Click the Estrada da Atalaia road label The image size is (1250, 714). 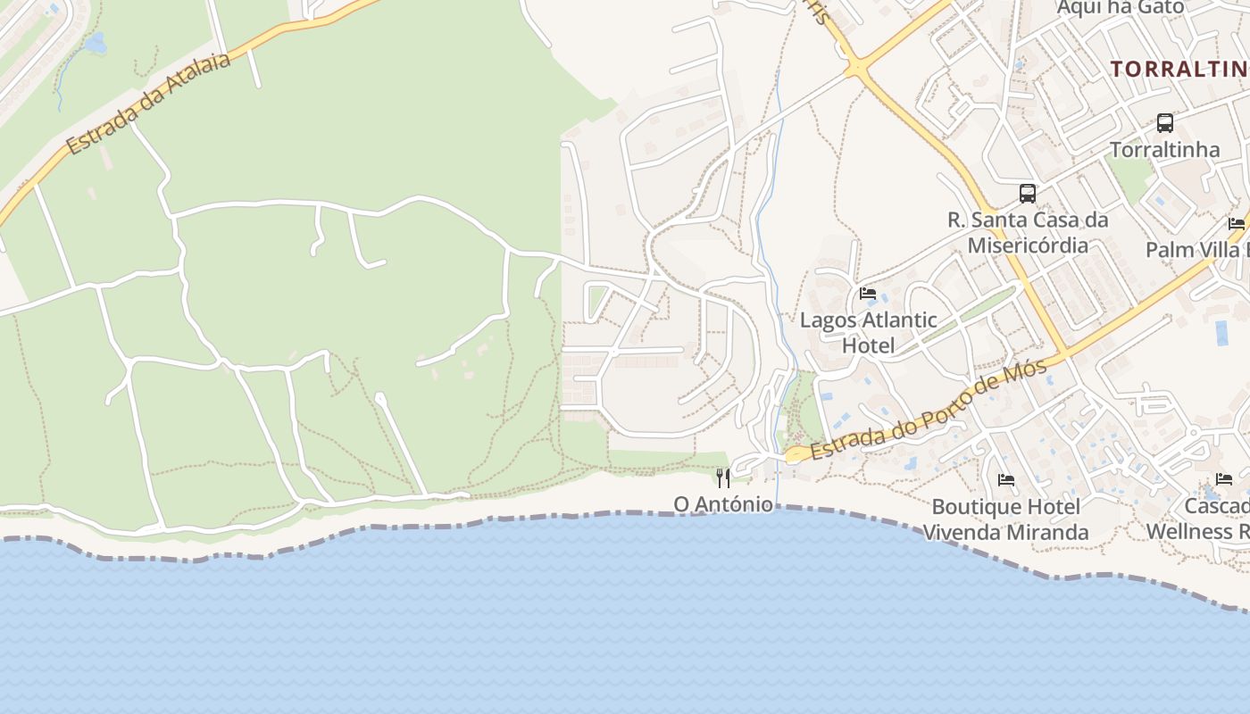click(x=148, y=103)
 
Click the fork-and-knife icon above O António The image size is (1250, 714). click(x=723, y=478)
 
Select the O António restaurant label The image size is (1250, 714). click(x=723, y=504)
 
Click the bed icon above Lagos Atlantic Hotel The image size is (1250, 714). click(x=867, y=293)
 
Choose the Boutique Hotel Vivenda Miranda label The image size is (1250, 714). click(x=1005, y=519)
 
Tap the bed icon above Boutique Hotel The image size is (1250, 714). click(x=1006, y=480)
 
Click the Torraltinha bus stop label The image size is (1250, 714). click(x=1164, y=149)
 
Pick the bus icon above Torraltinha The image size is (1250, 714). click(x=1164, y=122)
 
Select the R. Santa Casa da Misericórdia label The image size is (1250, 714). click(x=1028, y=232)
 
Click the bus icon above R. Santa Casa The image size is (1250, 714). click(x=1028, y=193)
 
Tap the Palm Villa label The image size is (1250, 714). click(x=1196, y=249)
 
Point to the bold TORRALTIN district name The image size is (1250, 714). click(x=1179, y=69)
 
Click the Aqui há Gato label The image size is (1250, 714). click(x=1120, y=8)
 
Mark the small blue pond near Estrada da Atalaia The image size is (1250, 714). click(x=96, y=42)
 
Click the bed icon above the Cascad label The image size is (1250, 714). click(x=1224, y=479)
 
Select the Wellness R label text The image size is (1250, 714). click(x=1196, y=531)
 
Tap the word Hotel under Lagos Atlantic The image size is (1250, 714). click(x=868, y=345)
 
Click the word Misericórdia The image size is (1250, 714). click(x=1028, y=245)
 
